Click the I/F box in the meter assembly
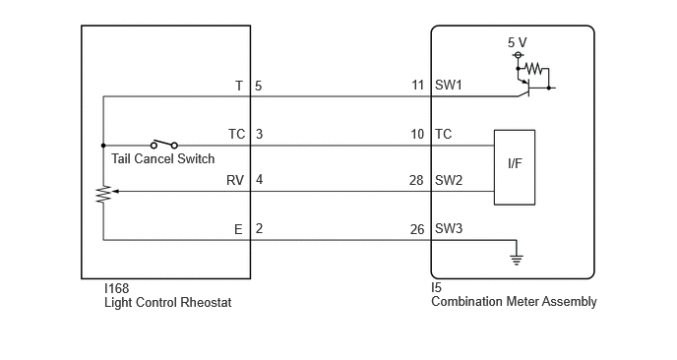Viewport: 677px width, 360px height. point(515,167)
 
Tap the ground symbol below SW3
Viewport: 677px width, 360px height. point(517,259)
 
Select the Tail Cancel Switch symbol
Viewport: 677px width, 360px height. point(164,145)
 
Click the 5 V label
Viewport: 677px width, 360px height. point(518,42)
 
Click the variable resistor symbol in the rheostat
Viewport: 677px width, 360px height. point(103,194)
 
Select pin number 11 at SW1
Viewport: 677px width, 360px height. point(417,85)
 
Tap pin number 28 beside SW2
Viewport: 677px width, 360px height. point(416,180)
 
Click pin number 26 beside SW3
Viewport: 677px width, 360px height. point(417,229)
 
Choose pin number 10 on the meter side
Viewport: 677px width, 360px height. point(417,134)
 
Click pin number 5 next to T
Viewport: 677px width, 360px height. point(258,86)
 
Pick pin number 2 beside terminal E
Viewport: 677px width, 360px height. point(259,228)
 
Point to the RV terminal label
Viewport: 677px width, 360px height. point(235,180)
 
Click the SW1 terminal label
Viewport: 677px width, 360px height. point(448,85)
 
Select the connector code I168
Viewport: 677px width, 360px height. point(116,288)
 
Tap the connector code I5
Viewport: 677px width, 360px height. point(437,287)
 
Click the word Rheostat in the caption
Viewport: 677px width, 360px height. point(206,302)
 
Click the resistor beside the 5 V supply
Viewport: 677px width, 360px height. point(532,68)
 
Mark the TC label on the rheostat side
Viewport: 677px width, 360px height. point(236,134)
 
